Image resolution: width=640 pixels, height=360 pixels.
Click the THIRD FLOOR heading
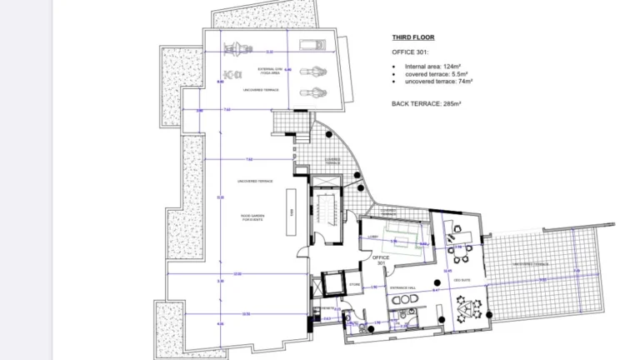pyautogui.click(x=413, y=37)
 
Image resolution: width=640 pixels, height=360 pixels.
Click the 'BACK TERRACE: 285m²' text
pyautogui.click(x=426, y=103)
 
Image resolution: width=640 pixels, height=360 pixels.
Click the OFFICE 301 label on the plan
pyautogui.click(x=381, y=262)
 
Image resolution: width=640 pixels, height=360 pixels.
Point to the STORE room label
pyautogui.click(x=353, y=284)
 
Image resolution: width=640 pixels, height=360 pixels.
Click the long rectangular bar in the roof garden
pyautogui.click(x=292, y=202)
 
